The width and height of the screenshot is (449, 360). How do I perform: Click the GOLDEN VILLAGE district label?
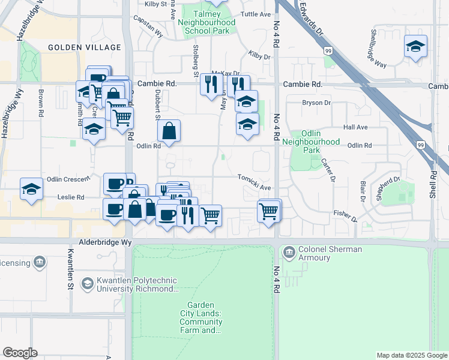point(75,47)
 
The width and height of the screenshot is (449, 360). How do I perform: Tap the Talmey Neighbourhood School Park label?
point(207,22)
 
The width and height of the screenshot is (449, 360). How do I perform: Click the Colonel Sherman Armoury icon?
point(289,251)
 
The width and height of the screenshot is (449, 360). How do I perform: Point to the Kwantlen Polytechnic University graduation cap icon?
point(88,282)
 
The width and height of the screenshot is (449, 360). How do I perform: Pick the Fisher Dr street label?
point(345,214)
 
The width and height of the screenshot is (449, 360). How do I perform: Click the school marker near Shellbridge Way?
point(415,47)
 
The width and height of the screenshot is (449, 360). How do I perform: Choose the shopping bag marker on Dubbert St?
point(169,131)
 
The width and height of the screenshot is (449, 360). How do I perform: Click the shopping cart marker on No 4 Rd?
point(269,211)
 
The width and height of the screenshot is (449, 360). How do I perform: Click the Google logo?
point(20,353)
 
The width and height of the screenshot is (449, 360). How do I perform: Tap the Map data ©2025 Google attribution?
point(411,355)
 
